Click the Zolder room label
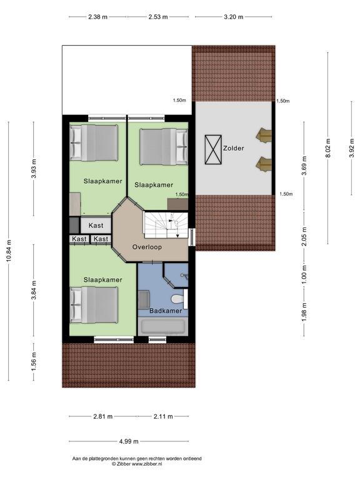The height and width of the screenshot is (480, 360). [234, 148]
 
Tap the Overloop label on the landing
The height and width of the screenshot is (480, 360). [147, 247]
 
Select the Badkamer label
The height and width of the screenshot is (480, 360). [166, 311]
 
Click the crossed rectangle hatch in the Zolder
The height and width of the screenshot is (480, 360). [213, 150]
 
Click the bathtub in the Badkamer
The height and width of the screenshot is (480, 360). [162, 326]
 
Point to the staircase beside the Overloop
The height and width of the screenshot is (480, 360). [166, 226]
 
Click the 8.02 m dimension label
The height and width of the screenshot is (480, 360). [328, 148]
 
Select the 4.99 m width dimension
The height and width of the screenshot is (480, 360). [129, 441]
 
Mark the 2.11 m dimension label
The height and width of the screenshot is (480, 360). [163, 416]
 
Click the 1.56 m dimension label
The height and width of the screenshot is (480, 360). [34, 361]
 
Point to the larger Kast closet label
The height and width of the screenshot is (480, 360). [96, 225]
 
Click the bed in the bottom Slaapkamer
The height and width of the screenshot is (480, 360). [94, 304]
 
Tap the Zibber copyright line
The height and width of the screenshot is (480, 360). [136, 464]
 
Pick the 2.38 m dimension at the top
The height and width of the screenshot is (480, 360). [97, 17]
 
